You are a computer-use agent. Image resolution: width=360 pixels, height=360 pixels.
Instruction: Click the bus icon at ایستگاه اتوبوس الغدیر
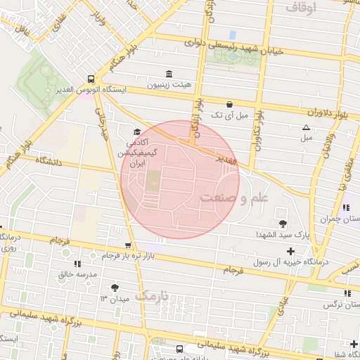[91, 79]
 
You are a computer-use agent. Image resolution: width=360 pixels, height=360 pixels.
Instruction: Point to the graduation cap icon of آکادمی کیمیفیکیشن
[136, 132]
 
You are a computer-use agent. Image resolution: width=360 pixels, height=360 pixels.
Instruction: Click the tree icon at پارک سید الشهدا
[283, 224]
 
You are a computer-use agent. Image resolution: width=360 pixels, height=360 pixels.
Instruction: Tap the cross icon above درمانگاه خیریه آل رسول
[290, 251]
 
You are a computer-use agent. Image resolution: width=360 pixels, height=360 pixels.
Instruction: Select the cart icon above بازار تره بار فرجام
[127, 245]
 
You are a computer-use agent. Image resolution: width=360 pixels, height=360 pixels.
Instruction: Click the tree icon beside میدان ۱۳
[115, 287]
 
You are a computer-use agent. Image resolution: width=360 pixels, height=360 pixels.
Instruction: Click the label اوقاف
[302, 7]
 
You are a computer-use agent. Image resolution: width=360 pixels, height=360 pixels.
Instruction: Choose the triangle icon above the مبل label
[306, 127]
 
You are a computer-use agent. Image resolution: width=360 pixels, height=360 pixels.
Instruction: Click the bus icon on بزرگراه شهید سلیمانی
[181, 348]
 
